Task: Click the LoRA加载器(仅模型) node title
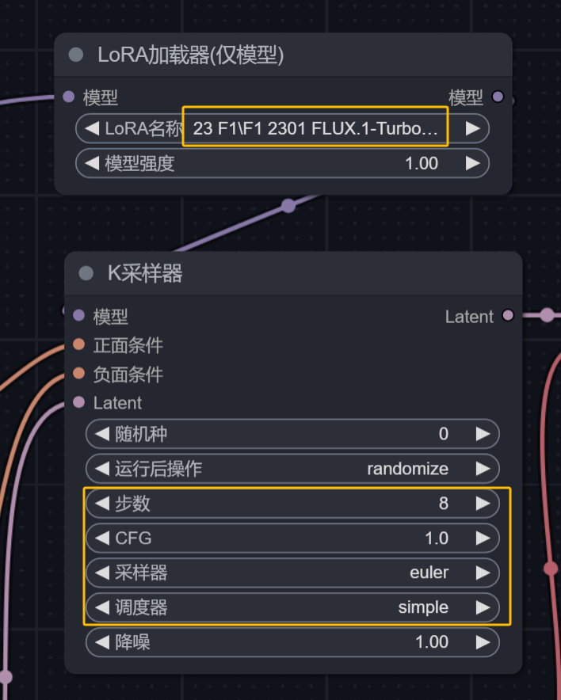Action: (x=190, y=55)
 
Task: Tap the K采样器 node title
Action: (x=145, y=274)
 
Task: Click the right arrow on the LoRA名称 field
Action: (x=473, y=128)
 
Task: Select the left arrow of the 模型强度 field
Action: (x=92, y=163)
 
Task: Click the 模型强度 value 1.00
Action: (x=421, y=163)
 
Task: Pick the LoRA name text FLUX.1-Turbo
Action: (x=315, y=128)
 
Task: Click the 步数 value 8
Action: (x=443, y=504)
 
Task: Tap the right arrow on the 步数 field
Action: (x=483, y=504)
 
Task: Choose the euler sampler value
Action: (x=429, y=573)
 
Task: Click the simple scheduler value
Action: (x=423, y=607)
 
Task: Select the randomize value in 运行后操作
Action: (x=407, y=469)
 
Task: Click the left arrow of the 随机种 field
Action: (x=101, y=434)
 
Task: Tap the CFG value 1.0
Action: (x=436, y=538)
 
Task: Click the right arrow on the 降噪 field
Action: (x=483, y=642)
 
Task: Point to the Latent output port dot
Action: (x=508, y=316)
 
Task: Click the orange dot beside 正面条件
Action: (x=78, y=344)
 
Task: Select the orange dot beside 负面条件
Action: (x=78, y=373)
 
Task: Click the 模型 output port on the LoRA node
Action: (x=498, y=97)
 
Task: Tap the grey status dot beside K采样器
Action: (x=86, y=274)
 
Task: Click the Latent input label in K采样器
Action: (x=117, y=402)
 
